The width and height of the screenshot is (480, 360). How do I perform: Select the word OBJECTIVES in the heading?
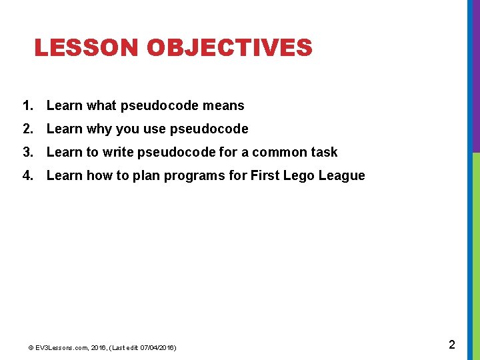click(229, 48)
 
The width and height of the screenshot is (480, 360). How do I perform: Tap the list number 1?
click(27, 105)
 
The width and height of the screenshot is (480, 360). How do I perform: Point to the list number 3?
click(27, 152)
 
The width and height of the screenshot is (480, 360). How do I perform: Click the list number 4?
click(27, 175)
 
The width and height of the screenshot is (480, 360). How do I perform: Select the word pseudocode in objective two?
click(209, 129)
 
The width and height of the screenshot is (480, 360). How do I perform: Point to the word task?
click(323, 152)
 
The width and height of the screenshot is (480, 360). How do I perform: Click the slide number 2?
click(451, 345)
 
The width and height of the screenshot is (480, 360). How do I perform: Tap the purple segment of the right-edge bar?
click(475, 77)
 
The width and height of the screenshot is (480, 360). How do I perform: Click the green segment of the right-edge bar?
click(475, 253)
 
